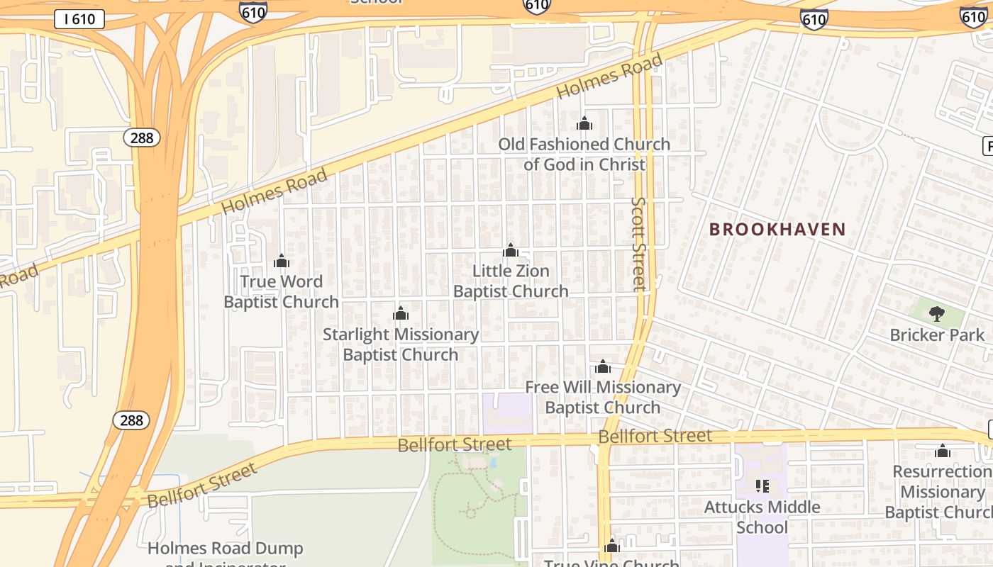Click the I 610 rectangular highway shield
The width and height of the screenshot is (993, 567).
click(79, 19)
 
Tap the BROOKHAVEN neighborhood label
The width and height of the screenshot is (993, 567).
click(777, 230)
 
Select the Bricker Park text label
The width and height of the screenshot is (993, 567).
click(937, 335)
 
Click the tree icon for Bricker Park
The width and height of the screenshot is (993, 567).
click(937, 314)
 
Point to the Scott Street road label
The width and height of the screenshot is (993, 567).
click(639, 244)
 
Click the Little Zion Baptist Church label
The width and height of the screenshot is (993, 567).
click(511, 281)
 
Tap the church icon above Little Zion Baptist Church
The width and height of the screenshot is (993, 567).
click(511, 250)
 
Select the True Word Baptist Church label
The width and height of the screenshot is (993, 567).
click(282, 292)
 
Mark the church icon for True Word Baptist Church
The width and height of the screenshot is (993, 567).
click(282, 261)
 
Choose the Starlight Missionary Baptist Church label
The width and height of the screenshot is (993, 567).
click(401, 344)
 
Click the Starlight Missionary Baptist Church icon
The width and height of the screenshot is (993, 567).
click(401, 313)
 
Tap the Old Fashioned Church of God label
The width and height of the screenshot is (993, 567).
click(584, 155)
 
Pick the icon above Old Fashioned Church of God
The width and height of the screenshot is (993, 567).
click(584, 123)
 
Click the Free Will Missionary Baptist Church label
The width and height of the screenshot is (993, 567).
click(603, 398)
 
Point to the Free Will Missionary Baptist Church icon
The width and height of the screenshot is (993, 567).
click(603, 366)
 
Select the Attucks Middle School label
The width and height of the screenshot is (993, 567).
click(762, 517)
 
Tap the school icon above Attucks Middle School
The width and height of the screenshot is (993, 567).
click(762, 486)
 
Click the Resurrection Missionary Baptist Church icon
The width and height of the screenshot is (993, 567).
click(943, 451)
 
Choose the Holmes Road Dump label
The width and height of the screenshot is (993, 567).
click(226, 549)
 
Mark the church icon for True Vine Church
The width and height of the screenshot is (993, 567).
click(612, 546)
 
